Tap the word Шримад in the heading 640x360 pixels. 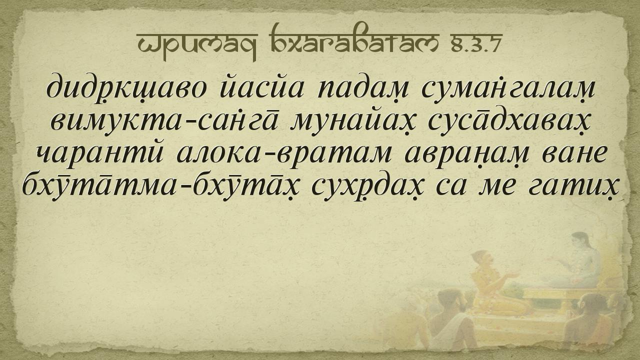[197, 43]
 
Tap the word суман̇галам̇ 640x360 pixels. [508, 87]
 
